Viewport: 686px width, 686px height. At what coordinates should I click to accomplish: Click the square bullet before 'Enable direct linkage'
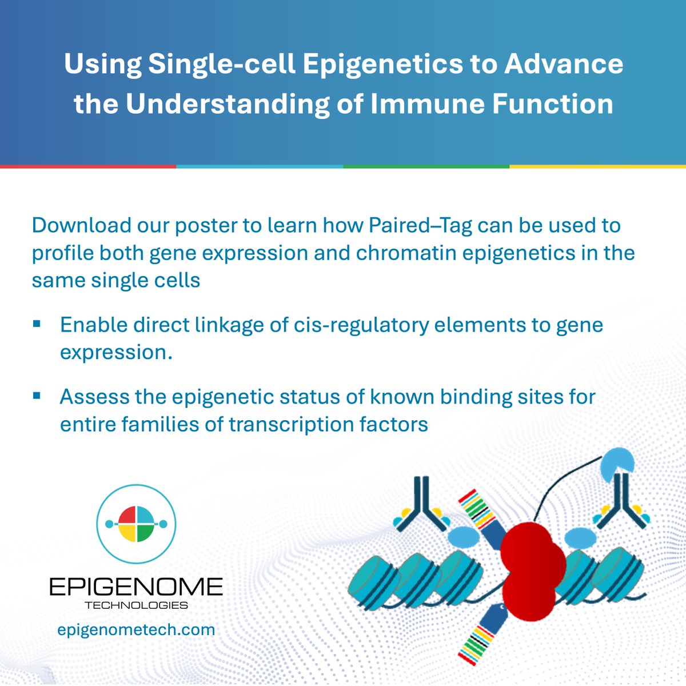click(37, 324)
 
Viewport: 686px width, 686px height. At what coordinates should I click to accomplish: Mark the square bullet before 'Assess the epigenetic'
click(37, 396)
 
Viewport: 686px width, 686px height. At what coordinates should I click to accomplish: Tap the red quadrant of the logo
click(127, 515)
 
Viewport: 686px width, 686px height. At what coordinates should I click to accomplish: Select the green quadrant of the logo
click(145, 532)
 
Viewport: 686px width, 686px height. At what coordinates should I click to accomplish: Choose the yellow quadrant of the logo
click(127, 532)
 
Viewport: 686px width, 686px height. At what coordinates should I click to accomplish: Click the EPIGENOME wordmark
click(135, 587)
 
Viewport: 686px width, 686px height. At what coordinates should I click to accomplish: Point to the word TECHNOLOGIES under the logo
click(136, 605)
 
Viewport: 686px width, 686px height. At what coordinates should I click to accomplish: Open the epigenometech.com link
click(136, 630)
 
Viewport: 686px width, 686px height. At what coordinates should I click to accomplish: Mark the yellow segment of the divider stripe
click(597, 166)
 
